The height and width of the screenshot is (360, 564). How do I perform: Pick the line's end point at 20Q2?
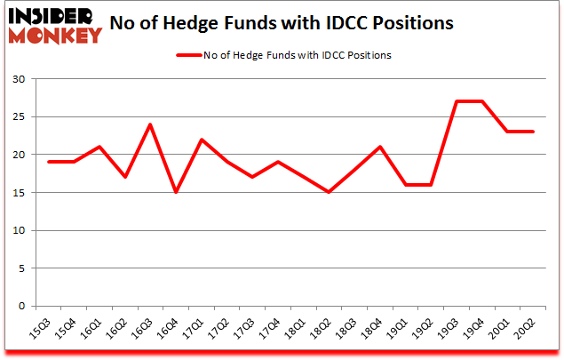coord(533,132)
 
